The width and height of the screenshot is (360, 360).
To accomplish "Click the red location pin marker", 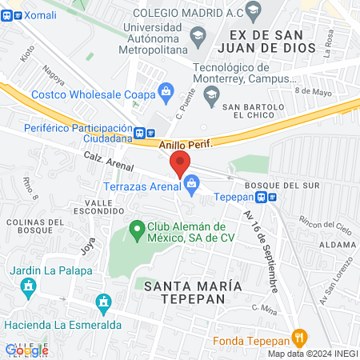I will point(180,162).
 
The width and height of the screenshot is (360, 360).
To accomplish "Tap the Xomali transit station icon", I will point(6,17).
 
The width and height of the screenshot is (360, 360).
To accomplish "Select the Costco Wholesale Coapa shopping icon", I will point(166,90).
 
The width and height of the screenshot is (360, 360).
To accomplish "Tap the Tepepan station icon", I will point(273,198).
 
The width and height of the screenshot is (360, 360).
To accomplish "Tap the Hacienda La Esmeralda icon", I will point(102,303).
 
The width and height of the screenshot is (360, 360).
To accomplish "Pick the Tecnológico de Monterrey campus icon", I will point(212,94).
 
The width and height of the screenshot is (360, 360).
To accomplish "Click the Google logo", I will point(26,350).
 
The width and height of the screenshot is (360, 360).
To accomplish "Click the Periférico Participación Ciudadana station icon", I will point(140,133).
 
